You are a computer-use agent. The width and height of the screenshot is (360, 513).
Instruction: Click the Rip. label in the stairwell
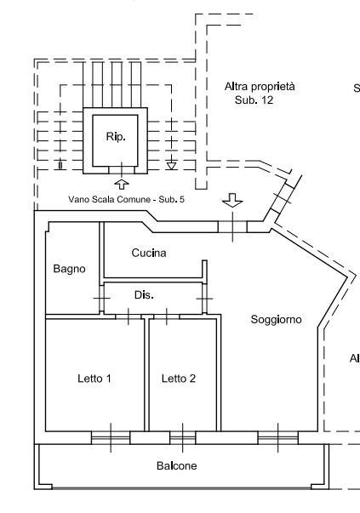pos(114,136)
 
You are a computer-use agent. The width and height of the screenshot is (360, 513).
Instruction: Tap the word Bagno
pos(69,269)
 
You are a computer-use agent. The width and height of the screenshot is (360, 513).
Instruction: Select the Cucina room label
pos(149,253)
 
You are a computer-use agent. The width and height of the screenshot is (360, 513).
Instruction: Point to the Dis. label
pos(144,294)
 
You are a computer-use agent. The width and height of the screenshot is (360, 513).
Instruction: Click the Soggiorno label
pos(277,320)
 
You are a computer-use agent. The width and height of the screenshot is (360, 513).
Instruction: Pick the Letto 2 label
pos(179,379)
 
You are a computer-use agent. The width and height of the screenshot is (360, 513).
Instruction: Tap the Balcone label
pos(177,466)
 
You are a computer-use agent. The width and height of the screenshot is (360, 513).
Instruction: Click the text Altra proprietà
pos(260,87)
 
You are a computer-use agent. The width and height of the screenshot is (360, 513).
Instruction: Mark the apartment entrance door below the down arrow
pos(232,226)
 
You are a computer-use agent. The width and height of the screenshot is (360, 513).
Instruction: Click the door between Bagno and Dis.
pos(100,299)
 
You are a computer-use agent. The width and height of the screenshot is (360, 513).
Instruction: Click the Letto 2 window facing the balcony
pos(182,438)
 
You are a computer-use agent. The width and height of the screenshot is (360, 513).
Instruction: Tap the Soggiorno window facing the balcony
pos(278,438)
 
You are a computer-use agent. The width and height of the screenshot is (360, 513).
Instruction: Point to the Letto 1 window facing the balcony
pos(111,438)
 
